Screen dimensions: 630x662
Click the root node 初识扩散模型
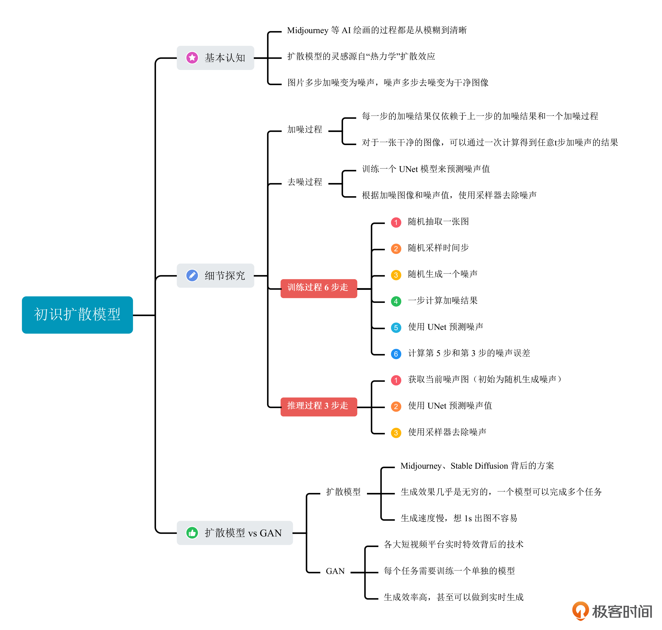click(x=77, y=315)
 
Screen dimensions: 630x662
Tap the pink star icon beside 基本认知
click(x=192, y=58)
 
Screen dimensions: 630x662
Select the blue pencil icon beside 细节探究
click(x=192, y=275)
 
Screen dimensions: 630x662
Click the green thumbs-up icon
click(x=192, y=533)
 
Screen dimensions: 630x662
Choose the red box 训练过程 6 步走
click(x=318, y=288)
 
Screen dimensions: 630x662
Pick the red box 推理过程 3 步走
click(x=318, y=406)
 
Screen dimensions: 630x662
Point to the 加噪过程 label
click(x=305, y=129)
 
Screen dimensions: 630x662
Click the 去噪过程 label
click(x=305, y=182)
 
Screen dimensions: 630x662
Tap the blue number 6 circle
click(x=396, y=354)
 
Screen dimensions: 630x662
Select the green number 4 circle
click(x=396, y=301)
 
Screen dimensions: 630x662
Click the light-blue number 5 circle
click(x=396, y=327)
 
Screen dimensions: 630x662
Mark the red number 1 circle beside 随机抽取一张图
click(x=396, y=222)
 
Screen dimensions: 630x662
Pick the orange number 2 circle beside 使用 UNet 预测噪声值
click(x=396, y=406)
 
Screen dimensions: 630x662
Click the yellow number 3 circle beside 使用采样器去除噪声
click(x=396, y=432)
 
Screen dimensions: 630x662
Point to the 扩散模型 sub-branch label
click(x=343, y=492)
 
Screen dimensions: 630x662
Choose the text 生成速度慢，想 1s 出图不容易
click(x=459, y=518)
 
